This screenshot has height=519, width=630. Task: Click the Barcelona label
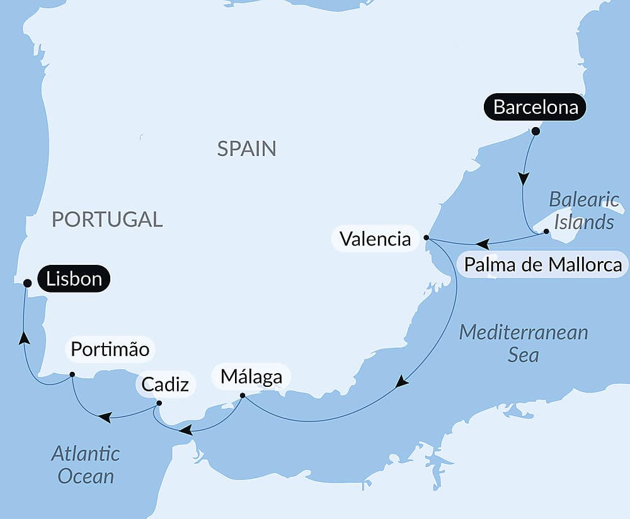[535, 108]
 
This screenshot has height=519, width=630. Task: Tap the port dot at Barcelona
[535, 131]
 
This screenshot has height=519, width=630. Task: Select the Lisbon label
[74, 279]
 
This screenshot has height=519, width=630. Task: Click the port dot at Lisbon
[27, 283]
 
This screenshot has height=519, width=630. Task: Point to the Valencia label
[375, 239]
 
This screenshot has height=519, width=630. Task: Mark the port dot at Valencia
[427, 238]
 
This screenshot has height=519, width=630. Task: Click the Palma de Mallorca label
[542, 265]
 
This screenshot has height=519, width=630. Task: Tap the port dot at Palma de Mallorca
[546, 232]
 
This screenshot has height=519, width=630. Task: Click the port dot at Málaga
[243, 396]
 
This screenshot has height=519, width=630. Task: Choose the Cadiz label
[165, 384]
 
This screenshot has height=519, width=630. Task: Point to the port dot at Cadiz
[159, 403]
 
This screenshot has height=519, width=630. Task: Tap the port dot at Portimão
[72, 374]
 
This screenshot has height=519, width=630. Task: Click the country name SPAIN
[246, 148]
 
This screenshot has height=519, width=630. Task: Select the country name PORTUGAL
[107, 219]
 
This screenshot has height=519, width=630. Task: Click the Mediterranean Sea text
[523, 343]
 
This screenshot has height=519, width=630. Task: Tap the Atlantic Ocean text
[86, 464]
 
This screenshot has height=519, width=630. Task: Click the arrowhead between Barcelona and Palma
[523, 178]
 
